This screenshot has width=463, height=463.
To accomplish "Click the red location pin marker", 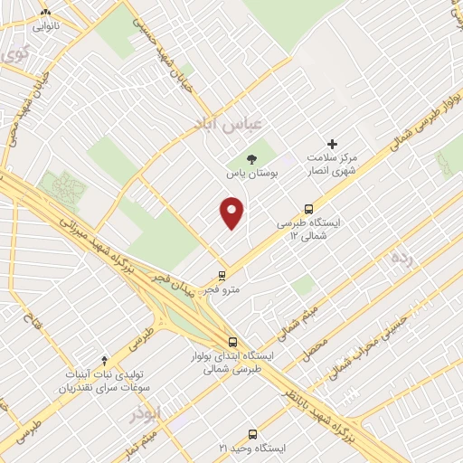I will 232,213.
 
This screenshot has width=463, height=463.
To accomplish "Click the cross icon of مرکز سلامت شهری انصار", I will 332,144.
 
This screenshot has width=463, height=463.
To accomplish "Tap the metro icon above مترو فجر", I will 223,274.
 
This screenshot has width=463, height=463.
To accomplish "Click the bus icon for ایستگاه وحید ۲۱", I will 252,434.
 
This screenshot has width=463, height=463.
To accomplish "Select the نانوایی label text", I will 47,26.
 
